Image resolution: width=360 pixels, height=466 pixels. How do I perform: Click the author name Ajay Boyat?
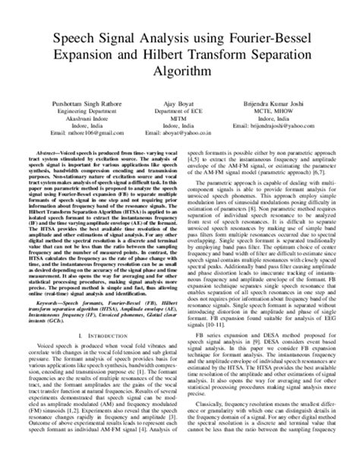181,103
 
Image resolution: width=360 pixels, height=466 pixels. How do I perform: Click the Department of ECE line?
181,111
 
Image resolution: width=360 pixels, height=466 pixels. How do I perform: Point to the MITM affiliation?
181,119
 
